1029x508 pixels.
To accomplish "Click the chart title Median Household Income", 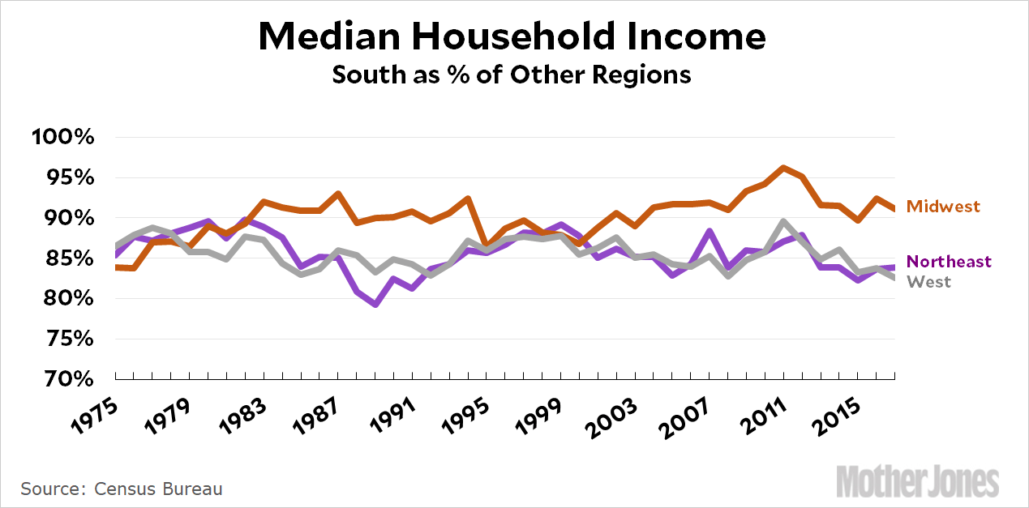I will (x=512, y=37).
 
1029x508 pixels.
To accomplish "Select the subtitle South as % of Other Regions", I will (x=512, y=75).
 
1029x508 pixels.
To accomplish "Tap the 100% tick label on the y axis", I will (x=62, y=137).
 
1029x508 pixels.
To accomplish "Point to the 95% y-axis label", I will (x=66, y=177).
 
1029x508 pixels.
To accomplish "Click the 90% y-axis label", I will (x=66, y=218).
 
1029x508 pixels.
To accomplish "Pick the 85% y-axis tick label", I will (x=66, y=258).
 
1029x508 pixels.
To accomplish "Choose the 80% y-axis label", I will (x=66, y=299).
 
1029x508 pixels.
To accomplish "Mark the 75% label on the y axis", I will (x=66, y=339).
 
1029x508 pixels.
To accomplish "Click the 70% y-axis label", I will (x=66, y=378).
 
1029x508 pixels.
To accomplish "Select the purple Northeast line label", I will (x=949, y=262).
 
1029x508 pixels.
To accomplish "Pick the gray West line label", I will (x=928, y=282).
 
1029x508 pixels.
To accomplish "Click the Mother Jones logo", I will (x=917, y=481).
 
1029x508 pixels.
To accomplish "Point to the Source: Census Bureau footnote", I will (x=122, y=489).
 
